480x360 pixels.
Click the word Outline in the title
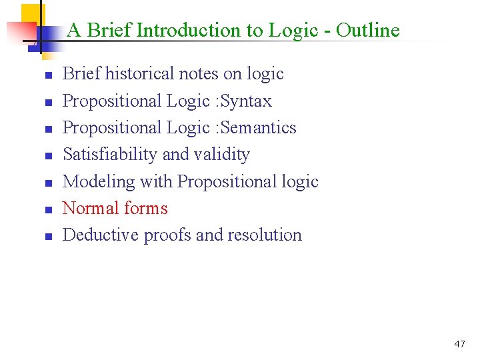[x=367, y=30]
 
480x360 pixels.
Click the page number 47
[x=459, y=344]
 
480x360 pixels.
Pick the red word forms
[x=147, y=208]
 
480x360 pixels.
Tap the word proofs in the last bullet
[x=169, y=235]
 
